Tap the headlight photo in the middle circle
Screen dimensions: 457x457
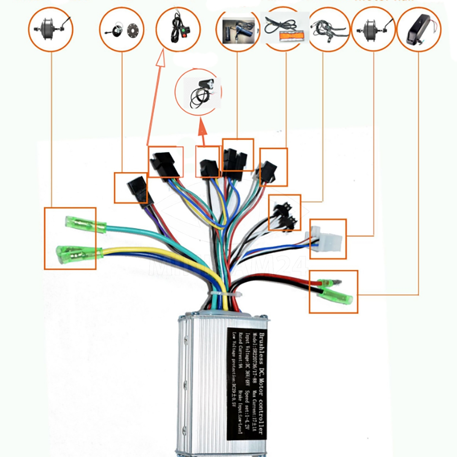click(198, 91)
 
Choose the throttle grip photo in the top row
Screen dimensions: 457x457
click(237, 30)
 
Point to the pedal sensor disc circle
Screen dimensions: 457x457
click(122, 30)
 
